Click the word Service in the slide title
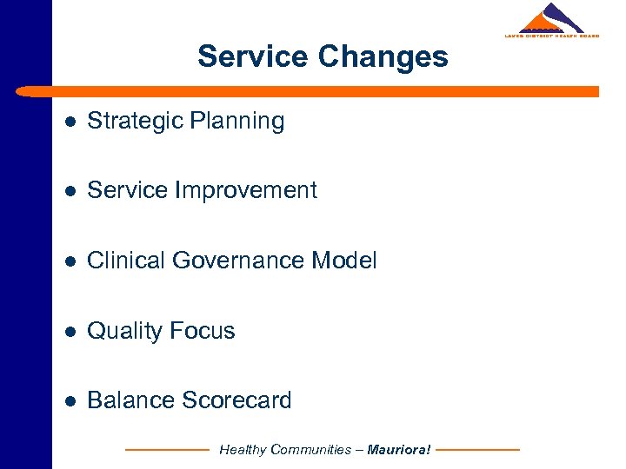[253, 56]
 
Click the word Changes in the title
[383, 56]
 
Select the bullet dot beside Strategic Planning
[70, 122]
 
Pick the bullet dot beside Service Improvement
[70, 191]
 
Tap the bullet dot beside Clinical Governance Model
[70, 261]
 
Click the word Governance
[233, 261]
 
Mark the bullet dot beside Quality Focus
[70, 331]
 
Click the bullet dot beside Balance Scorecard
[70, 400]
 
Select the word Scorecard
[236, 400]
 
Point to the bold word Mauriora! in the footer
[399, 450]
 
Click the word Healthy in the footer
[243, 450]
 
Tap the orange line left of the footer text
[167, 450]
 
